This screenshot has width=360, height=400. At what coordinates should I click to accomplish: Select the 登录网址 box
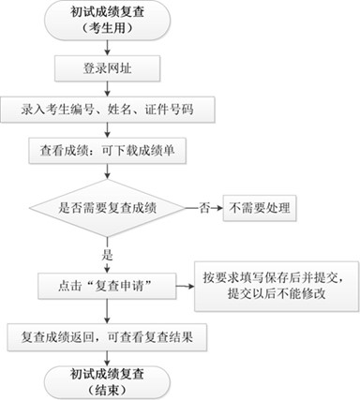coord(107,69)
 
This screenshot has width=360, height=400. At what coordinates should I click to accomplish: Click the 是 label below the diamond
coord(107,254)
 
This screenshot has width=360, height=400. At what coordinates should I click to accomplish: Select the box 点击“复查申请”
coord(108,281)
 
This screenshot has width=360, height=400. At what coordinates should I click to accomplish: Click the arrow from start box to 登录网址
coord(107,49)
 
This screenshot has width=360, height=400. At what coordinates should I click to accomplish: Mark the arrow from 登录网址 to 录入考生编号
coord(107,89)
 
